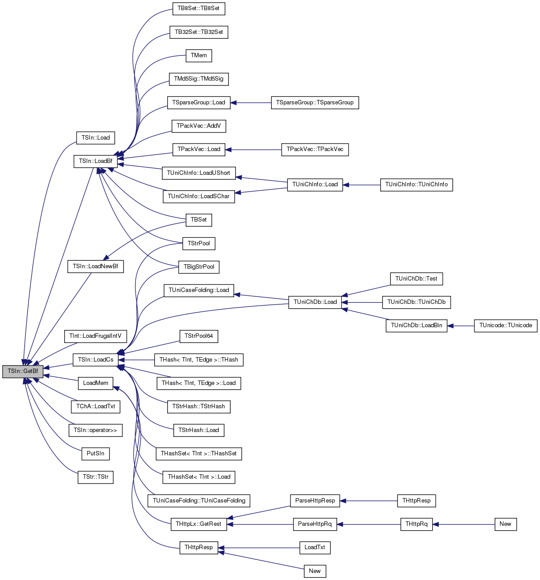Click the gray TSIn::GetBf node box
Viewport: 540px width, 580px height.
tap(23, 371)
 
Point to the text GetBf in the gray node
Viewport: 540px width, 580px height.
tap(31, 371)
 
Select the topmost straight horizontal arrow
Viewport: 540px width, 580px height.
tap(250, 103)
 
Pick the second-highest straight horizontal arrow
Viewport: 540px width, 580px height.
tap(253, 150)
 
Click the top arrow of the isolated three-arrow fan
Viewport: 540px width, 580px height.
tap(366, 291)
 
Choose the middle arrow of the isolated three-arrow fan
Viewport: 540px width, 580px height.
tap(362, 303)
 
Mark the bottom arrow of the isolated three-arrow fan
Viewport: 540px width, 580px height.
tap(365, 314)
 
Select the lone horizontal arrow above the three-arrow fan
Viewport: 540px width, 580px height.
tap(361, 185)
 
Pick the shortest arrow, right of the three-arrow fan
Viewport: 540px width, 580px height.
tap(460, 326)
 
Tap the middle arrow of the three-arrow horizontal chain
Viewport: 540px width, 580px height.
tap(368, 525)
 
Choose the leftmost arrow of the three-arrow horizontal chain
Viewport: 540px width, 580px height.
tap(260, 525)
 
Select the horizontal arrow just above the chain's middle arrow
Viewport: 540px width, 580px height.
tap(368, 501)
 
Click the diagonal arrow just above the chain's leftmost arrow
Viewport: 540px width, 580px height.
tap(258, 512)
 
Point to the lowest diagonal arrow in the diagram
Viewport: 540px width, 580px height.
tap(261, 560)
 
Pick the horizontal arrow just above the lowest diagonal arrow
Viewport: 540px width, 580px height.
tap(259, 548)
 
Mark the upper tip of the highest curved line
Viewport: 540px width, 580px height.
tap(172, 9)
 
